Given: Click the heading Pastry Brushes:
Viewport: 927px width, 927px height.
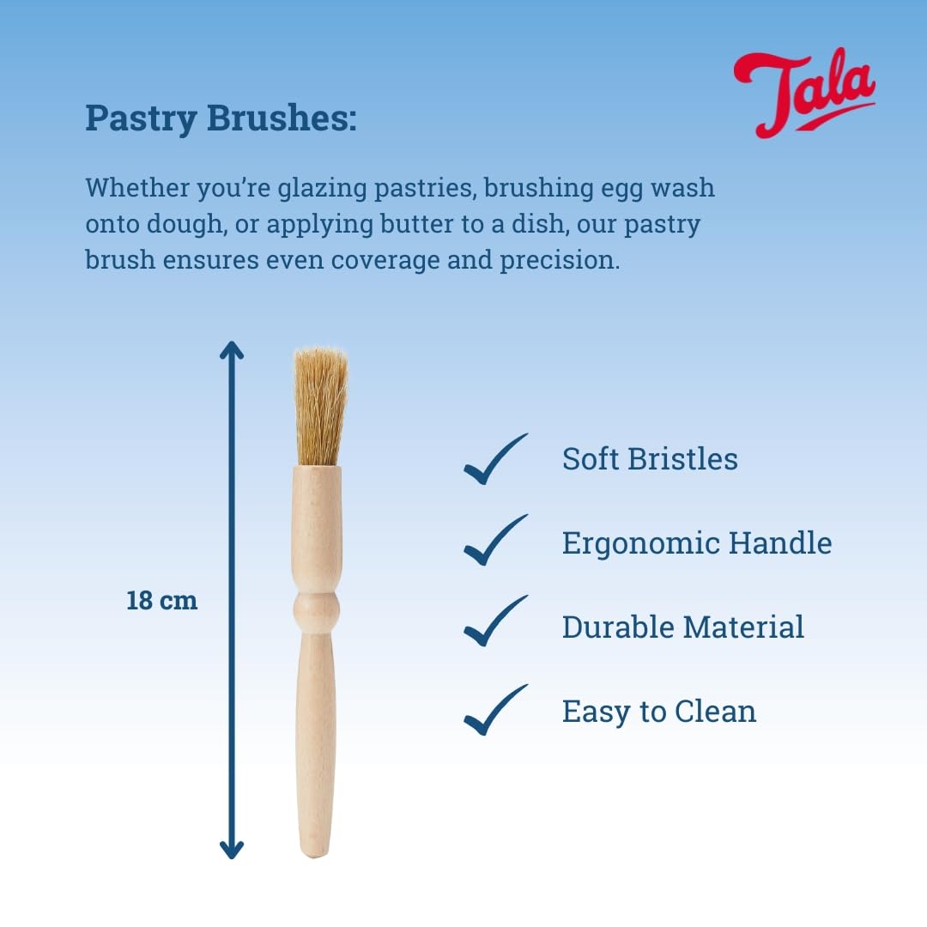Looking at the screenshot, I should pos(221,119).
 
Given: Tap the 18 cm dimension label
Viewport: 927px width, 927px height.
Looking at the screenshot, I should pos(162,600).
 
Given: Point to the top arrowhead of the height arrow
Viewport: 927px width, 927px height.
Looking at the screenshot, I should pos(232,350).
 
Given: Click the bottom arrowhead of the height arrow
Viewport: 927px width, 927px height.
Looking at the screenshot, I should pos(232,849).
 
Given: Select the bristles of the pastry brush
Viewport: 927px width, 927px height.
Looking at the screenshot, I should pos(320,405).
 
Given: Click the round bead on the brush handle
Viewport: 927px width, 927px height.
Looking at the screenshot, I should pos(317,609).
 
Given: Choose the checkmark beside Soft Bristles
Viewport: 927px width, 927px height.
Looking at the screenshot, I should pos(494,459).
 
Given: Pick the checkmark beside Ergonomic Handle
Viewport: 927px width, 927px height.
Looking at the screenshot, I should pos(494,542).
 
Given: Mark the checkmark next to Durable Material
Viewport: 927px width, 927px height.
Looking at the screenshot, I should pos(494,623).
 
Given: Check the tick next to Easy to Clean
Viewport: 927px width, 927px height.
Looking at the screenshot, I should pos(494,711).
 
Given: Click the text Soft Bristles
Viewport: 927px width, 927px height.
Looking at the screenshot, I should pos(650,459).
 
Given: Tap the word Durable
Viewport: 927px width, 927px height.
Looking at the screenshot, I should pos(618,627).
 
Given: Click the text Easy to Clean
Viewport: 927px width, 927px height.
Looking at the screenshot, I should pos(658,711).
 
